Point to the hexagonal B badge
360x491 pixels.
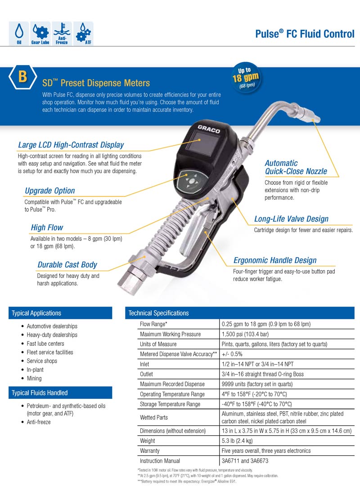click(x=22, y=77)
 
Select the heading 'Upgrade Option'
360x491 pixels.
click(x=50, y=191)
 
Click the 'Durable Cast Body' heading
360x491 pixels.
click(x=67, y=265)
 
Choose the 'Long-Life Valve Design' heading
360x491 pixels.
click(x=291, y=219)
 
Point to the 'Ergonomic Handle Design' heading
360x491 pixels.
click(x=274, y=260)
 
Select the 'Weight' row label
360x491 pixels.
click(x=147, y=441)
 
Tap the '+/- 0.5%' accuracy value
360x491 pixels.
click(x=232, y=354)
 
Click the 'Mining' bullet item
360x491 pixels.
click(x=34, y=378)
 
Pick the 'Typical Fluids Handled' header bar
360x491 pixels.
click(x=60, y=393)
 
